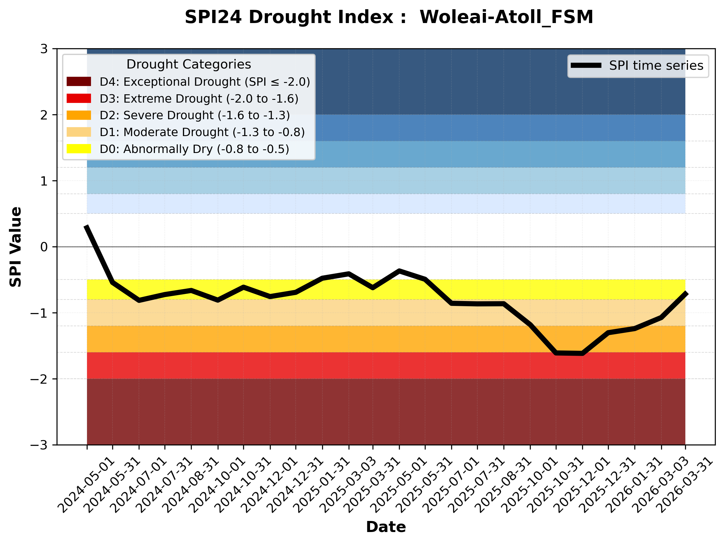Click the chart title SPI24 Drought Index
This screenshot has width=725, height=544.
tap(389, 17)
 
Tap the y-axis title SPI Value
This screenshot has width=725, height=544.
tap(15, 247)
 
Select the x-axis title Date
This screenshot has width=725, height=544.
tap(386, 527)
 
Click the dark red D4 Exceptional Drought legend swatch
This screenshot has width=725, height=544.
tap(79, 81)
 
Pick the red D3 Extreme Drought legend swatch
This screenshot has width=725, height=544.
tap(79, 98)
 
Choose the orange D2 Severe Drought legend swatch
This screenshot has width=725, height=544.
tap(79, 115)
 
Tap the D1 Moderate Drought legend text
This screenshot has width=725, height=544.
tap(202, 132)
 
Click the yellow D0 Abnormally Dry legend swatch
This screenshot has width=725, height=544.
tap(79, 149)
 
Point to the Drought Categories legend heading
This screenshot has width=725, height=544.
tap(188, 64)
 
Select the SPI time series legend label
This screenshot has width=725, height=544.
tap(656, 65)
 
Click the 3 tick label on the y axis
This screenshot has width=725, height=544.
tap(44, 49)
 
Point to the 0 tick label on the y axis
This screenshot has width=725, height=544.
tap(44, 247)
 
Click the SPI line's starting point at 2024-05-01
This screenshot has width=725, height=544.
tap(87, 226)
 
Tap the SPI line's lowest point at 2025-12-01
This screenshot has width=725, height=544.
tap(582, 353)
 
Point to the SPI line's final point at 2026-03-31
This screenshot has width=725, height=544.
tap(685, 293)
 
